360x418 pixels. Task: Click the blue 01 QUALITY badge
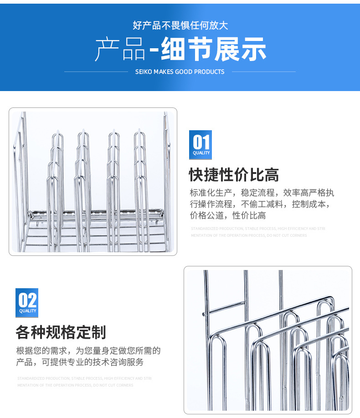(x=201, y=145)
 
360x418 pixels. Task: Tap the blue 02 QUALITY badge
(x=27, y=302)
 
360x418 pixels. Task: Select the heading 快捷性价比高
(x=234, y=174)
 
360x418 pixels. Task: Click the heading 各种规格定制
(x=61, y=332)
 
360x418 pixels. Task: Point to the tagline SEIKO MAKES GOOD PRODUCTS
(x=180, y=71)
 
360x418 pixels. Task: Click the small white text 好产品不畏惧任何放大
(x=180, y=25)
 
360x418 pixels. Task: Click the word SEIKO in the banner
(x=144, y=71)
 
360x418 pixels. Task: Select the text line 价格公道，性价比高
(x=228, y=215)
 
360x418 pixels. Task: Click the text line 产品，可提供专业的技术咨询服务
(x=80, y=362)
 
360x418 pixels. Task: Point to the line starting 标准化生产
(x=262, y=193)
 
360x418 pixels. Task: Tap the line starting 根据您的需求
(x=88, y=351)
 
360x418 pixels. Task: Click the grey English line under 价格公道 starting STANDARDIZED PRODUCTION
(x=258, y=229)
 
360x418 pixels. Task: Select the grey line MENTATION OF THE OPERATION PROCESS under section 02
(x=75, y=385)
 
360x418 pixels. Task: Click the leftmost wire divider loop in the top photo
(x=54, y=182)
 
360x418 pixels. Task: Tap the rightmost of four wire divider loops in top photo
(x=140, y=182)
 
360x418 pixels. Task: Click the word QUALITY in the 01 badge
(x=201, y=153)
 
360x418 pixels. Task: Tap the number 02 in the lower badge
(x=27, y=300)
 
